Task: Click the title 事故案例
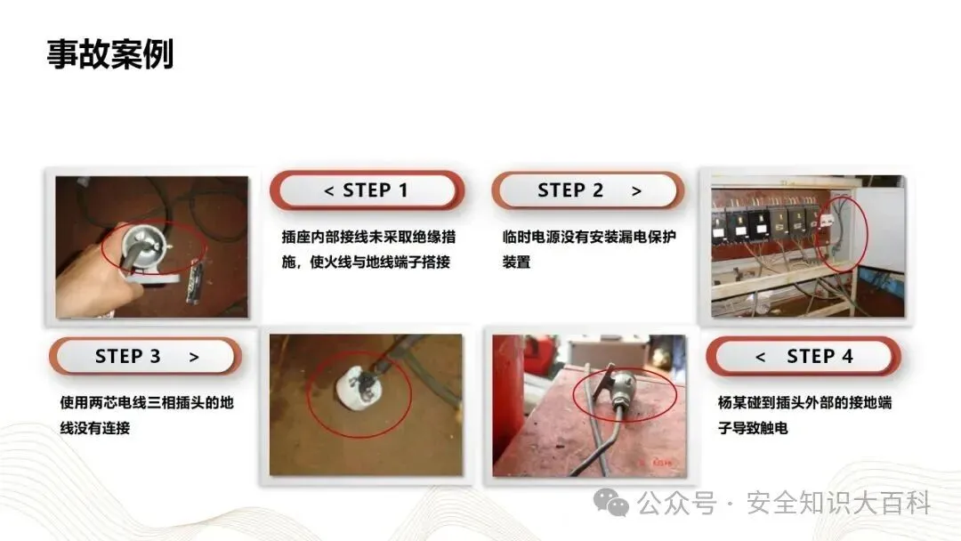click(110, 54)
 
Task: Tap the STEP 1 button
click(367, 190)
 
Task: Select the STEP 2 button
click(588, 190)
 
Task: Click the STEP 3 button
click(145, 356)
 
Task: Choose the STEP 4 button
click(804, 356)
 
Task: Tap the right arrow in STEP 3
click(194, 357)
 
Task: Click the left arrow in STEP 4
click(760, 357)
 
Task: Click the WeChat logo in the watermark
click(611, 503)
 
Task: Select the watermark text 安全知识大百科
click(838, 503)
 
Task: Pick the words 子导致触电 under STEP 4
click(754, 428)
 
